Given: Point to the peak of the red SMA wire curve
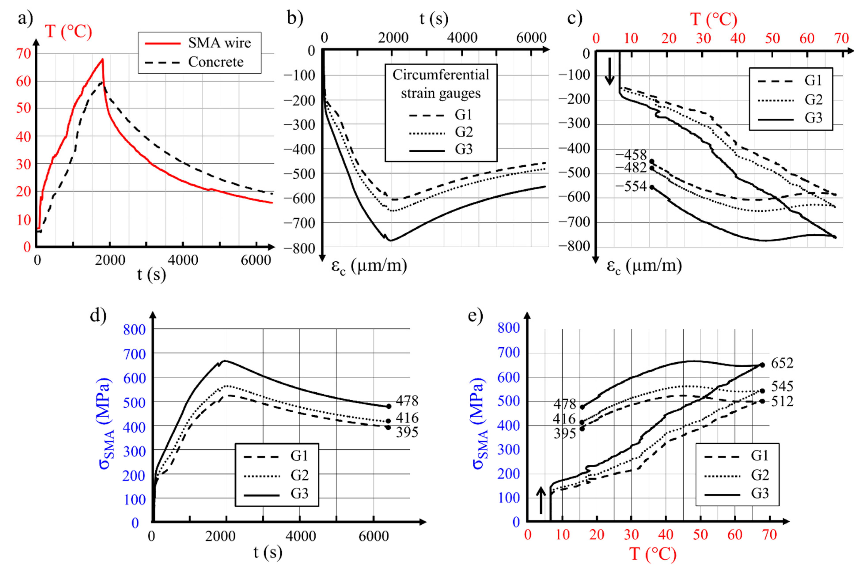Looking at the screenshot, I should [103, 59].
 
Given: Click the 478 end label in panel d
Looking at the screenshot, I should [407, 400].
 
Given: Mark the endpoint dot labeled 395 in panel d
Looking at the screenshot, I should [388, 428].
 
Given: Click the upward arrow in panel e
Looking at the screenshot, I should [541, 500].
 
